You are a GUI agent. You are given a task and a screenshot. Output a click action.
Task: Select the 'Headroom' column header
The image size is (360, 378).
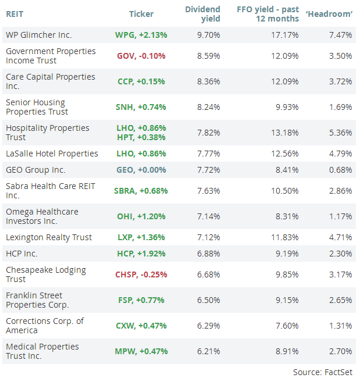point(329,14)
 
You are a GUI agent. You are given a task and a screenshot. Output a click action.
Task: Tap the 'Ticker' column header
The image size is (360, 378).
point(141,14)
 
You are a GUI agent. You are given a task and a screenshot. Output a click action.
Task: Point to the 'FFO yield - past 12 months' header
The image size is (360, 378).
point(268,14)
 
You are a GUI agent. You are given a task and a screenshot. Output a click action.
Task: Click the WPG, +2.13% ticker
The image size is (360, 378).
point(141,35)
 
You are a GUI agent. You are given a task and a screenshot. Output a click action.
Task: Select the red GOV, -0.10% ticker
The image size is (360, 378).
point(141,56)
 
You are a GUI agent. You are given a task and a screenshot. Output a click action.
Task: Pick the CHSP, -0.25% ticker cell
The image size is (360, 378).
point(141,274)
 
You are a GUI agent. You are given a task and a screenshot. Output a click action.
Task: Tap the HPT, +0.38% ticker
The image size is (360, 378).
point(141,138)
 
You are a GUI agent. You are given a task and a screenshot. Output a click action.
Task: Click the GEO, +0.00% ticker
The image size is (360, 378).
point(141,170)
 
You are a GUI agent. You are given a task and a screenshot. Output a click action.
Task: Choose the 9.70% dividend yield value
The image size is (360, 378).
point(208,35)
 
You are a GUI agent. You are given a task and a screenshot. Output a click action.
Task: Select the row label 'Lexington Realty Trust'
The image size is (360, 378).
point(49,237)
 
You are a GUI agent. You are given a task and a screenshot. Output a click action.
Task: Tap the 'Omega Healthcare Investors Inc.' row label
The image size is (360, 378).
point(42,216)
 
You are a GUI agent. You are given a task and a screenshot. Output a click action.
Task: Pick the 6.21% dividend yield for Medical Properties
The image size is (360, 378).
point(208,351)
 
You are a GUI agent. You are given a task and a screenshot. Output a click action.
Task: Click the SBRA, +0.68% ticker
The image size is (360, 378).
point(141,191)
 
